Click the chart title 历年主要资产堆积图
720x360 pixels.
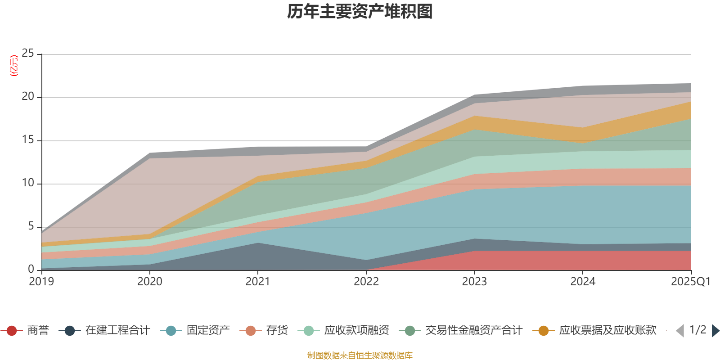360,12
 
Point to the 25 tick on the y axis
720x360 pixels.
28,54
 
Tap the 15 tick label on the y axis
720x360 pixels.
28,140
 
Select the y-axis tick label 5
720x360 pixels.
31,226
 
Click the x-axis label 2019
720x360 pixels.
41,282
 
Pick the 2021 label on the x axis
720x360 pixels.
257,282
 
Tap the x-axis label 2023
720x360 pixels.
474,282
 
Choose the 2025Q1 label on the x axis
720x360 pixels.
690,282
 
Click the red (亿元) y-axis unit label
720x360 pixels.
14,66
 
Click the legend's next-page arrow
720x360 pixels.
715,331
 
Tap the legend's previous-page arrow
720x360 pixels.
680,331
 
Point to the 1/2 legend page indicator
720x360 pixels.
697,330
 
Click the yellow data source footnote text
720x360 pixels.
360,355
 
